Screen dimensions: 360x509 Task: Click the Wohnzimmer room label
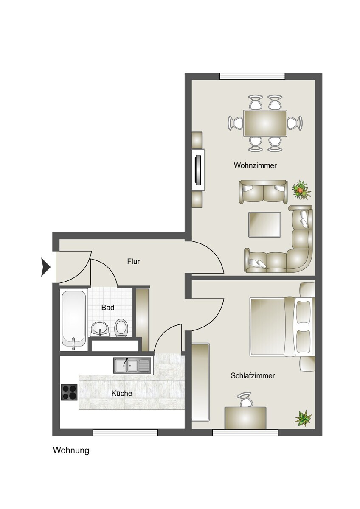pos(255,165)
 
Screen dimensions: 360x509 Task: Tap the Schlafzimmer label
pos(253,376)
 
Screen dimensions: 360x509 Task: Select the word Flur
pos(133,261)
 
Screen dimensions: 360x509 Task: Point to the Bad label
pos(108,308)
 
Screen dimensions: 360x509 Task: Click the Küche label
pos(122,393)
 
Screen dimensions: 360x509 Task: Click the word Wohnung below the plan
pos(71,450)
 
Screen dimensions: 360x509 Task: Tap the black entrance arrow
pos(45,267)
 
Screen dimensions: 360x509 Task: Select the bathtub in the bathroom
pos(74,320)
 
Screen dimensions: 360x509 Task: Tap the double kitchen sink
pos(132,365)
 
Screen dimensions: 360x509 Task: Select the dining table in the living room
pos(265,123)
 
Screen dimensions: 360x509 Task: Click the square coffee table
pos(264,224)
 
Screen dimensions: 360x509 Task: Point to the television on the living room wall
pos(198,170)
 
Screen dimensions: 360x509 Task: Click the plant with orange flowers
pos(301,190)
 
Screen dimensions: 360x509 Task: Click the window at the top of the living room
pos(252,76)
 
